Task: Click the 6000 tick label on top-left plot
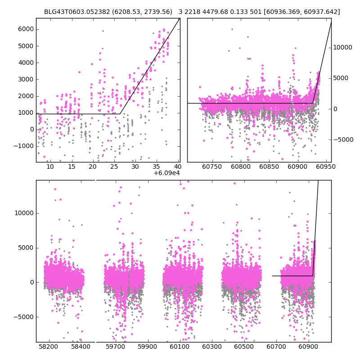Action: [x=25, y=29]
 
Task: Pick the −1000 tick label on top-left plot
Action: [x=23, y=146]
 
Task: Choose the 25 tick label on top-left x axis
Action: [x=113, y=166]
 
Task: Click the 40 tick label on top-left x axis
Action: [x=177, y=166]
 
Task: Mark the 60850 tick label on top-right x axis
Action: [x=270, y=166]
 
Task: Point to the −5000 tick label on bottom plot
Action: [x=23, y=317]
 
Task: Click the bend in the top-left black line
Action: [x=120, y=114]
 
